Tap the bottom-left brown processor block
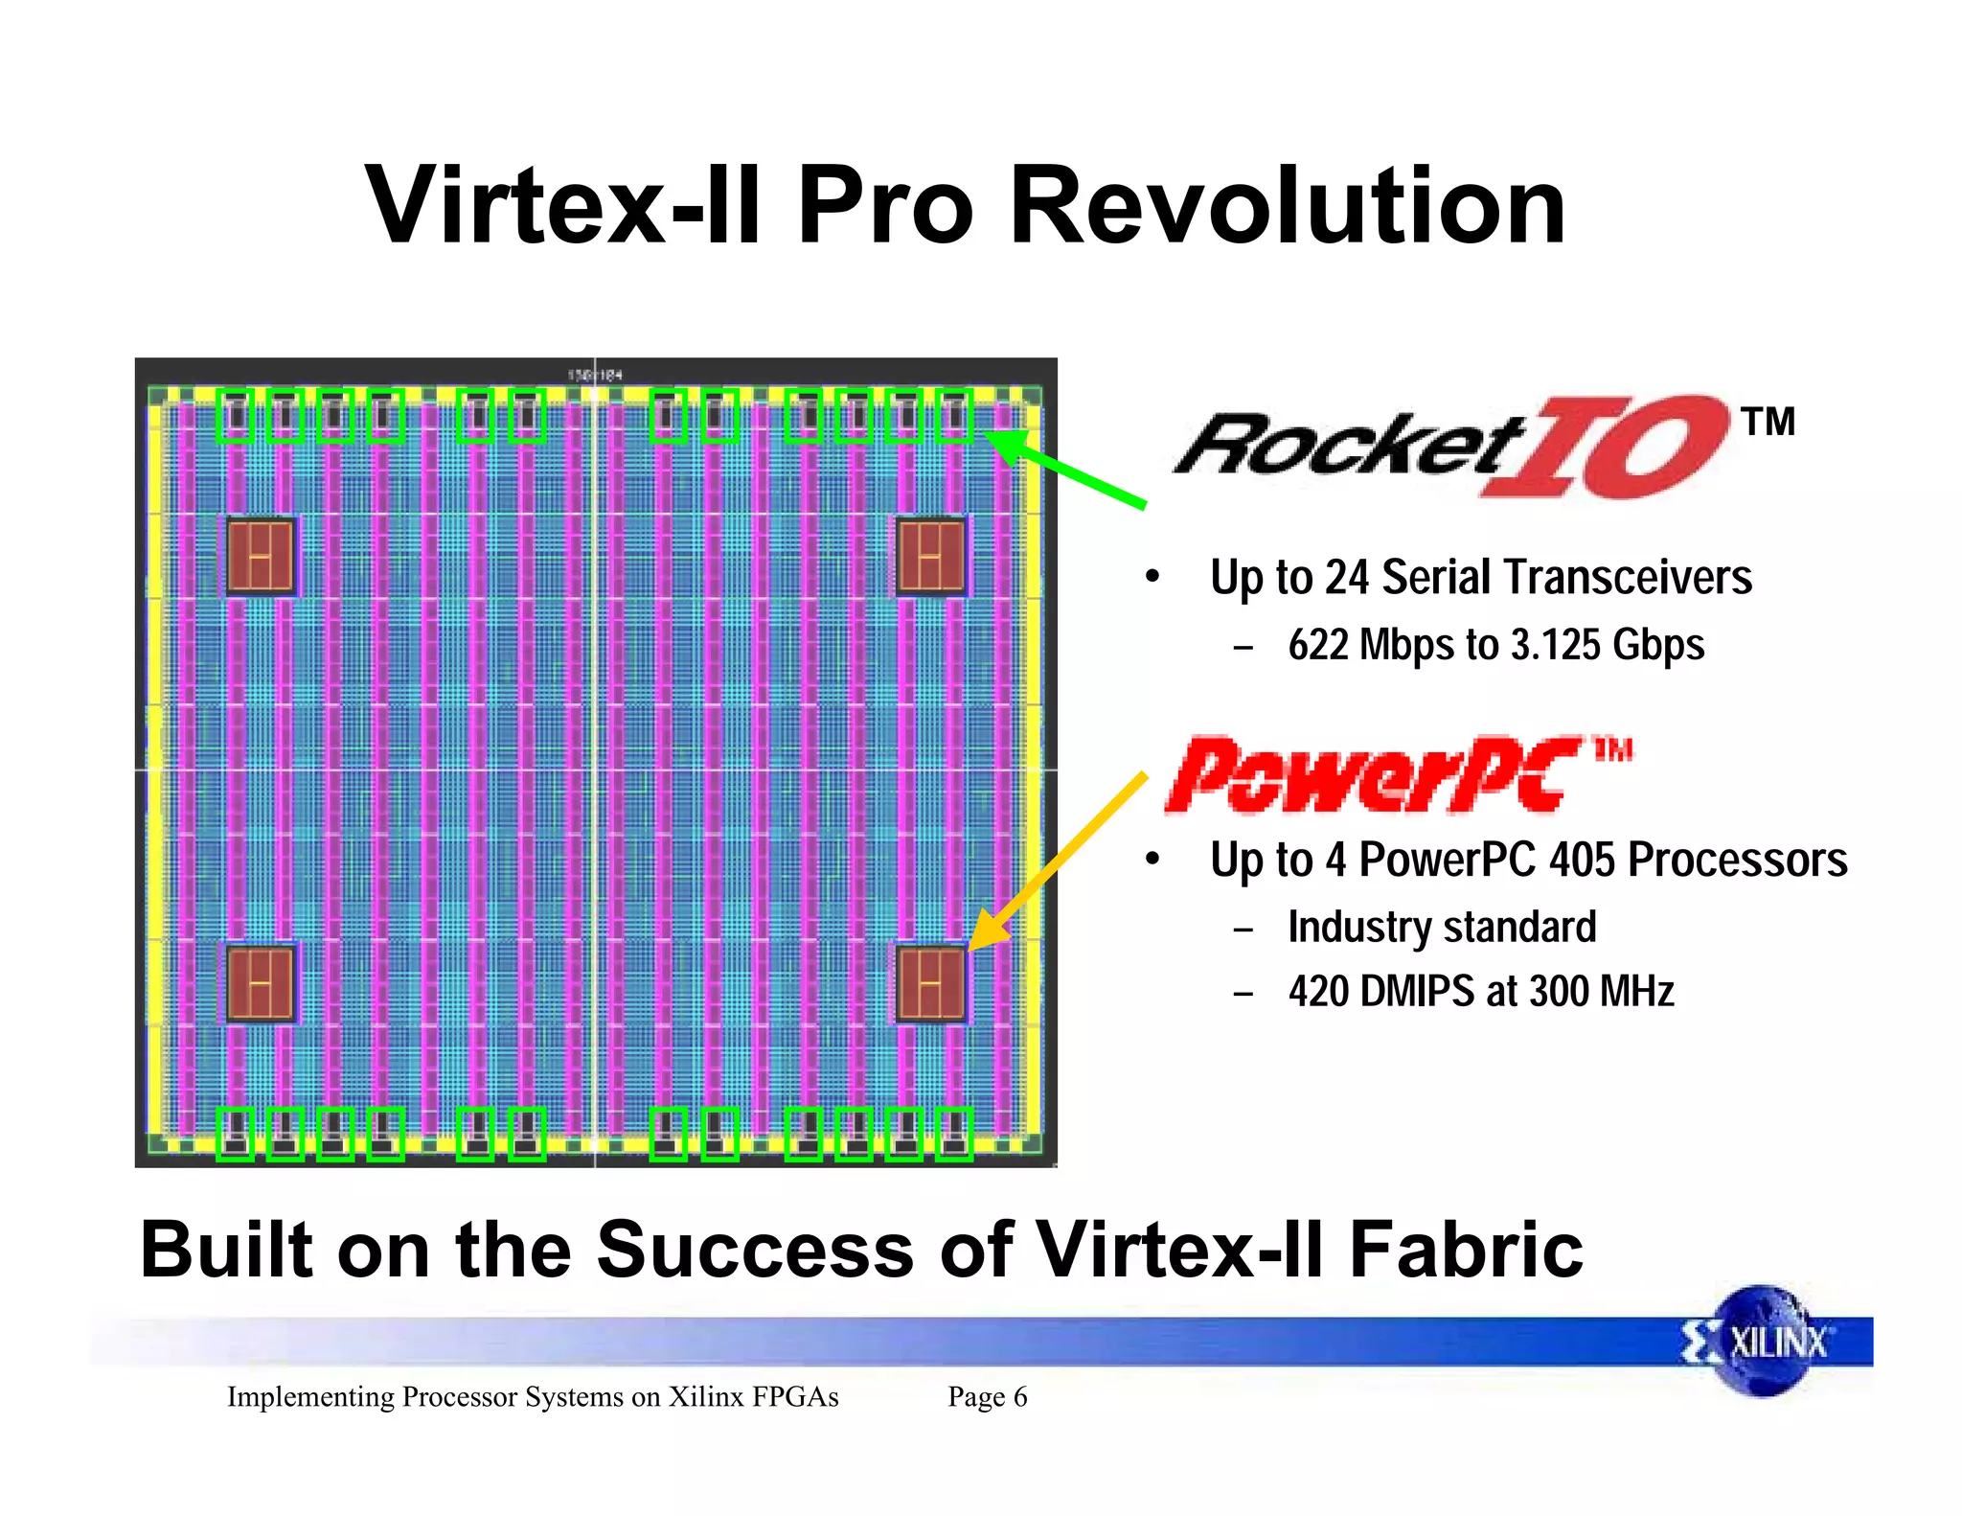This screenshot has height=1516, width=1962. tap(261, 983)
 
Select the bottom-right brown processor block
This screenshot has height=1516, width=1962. tap(931, 983)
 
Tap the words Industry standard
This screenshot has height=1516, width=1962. tap(1442, 928)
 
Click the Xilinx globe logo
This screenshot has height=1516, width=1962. tap(1761, 1341)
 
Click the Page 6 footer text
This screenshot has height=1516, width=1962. tap(987, 1397)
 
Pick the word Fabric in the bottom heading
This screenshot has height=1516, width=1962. tap(1466, 1250)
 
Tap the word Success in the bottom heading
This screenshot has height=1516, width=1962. tap(755, 1250)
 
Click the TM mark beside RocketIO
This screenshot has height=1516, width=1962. tap(1768, 422)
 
